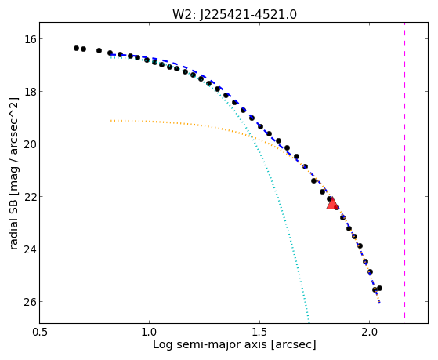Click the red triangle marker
[x=332, y=203]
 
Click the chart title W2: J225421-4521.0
[x=234, y=15]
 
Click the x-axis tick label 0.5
[x=40, y=332]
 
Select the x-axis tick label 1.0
[x=150, y=332]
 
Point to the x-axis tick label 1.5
[x=259, y=332]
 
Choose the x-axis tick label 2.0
[x=369, y=332]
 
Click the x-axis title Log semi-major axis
[x=209, y=345]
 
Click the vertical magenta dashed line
[x=404, y=170]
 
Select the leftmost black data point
[x=76, y=48]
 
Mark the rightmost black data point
[x=379, y=288]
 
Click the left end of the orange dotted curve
[x=111, y=121]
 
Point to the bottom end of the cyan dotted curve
[x=309, y=321]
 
